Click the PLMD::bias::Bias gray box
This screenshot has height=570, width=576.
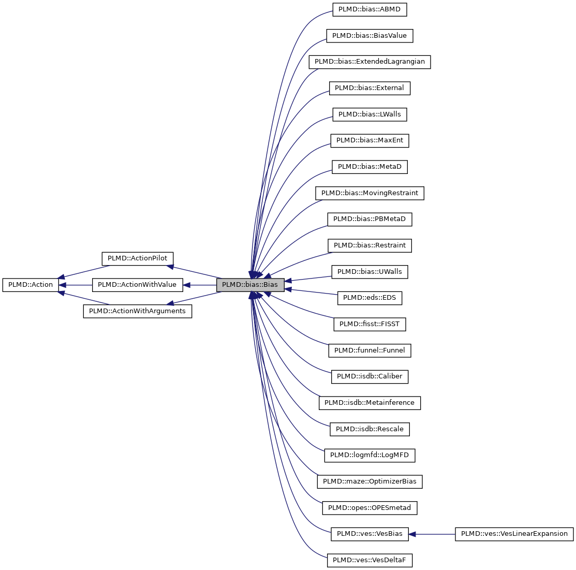click(x=250, y=285)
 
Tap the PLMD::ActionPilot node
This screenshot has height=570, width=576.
click(x=137, y=258)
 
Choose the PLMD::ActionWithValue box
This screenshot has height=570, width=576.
click(x=137, y=285)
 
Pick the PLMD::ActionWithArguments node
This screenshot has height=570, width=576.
click(x=137, y=311)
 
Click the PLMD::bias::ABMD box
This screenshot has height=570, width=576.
click(x=370, y=9)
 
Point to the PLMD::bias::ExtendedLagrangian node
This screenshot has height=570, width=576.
click(x=370, y=62)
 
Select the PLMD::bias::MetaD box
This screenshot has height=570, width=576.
click(x=370, y=167)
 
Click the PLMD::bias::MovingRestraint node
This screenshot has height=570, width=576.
click(x=370, y=193)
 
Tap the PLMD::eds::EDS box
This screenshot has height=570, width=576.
click(x=370, y=298)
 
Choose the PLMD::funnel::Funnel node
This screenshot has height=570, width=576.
click(x=370, y=350)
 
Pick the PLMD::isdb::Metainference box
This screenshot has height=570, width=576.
click(x=370, y=403)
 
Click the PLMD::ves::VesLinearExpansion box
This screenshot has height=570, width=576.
click(x=514, y=534)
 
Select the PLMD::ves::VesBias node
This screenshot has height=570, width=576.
click(x=370, y=534)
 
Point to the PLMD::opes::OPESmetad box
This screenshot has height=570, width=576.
click(x=370, y=508)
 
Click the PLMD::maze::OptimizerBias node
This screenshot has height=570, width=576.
click(x=370, y=481)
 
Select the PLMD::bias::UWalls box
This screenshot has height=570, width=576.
click(x=370, y=271)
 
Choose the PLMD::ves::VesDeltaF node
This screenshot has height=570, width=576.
click(x=370, y=560)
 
